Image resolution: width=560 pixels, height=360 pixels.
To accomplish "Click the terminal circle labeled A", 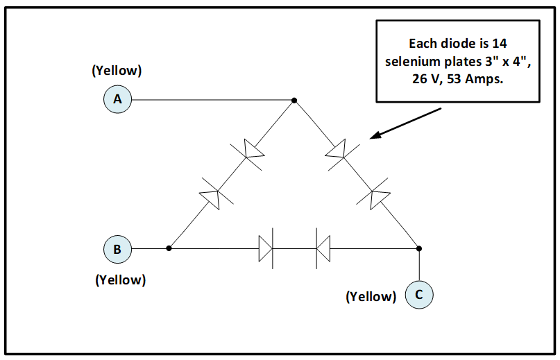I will (x=118, y=100).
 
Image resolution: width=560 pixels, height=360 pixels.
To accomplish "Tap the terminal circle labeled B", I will (x=118, y=248).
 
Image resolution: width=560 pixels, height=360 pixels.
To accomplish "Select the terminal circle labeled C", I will (x=419, y=294).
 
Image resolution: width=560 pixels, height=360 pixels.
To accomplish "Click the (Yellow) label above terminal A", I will (x=117, y=71).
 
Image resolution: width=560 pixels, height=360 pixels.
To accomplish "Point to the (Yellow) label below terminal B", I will (x=121, y=280).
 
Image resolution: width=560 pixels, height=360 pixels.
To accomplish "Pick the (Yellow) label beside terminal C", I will (x=371, y=297).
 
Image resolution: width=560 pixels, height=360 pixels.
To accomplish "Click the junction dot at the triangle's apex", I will (x=294, y=101).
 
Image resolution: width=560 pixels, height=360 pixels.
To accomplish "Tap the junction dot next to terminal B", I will (x=169, y=248).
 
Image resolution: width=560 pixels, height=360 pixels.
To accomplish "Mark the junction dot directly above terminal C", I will (x=419, y=248).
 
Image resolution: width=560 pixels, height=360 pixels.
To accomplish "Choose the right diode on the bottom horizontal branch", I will (x=321, y=248).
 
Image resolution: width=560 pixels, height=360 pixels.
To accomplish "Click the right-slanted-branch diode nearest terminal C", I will (x=379, y=197).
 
